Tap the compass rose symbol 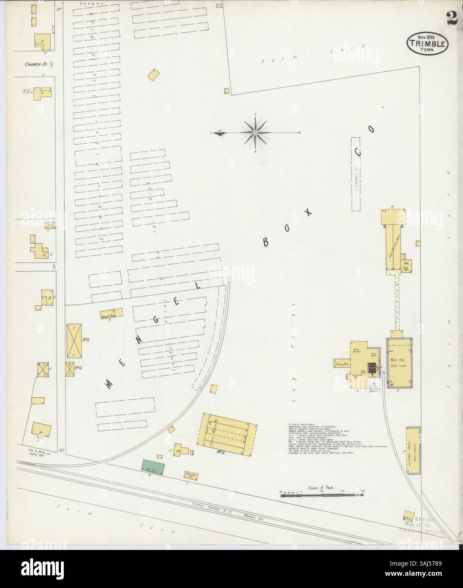click(256, 133)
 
